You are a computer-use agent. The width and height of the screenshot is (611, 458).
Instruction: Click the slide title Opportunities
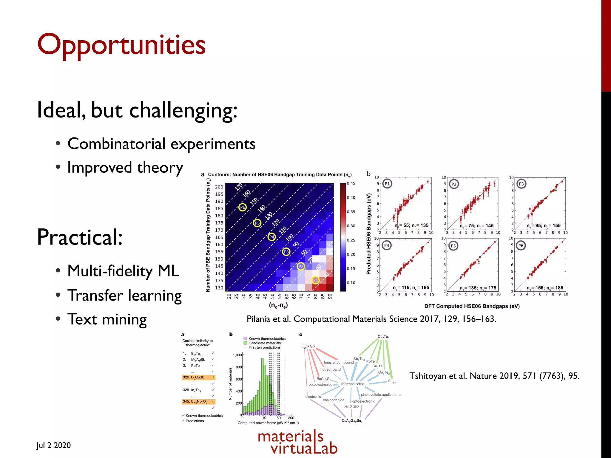[x=121, y=45]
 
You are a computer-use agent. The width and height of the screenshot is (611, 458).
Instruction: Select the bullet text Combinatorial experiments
[x=161, y=144]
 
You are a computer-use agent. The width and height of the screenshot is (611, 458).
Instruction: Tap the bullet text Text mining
[x=107, y=319]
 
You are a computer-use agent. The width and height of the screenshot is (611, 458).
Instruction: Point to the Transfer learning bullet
[x=124, y=295]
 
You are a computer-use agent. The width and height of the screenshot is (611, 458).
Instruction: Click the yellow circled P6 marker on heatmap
[x=243, y=207]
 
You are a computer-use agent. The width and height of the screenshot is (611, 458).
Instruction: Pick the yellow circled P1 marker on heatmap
[x=315, y=280]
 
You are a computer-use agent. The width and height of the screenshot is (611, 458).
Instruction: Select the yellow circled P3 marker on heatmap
[x=286, y=252]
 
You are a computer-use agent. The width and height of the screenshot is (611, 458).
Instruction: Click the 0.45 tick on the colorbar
[x=351, y=183]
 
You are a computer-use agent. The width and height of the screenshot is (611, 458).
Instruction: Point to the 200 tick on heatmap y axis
[x=219, y=187]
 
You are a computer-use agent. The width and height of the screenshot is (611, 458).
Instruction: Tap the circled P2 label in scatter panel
[x=454, y=184]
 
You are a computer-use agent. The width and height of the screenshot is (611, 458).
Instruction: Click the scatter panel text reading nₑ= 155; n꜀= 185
[x=545, y=288]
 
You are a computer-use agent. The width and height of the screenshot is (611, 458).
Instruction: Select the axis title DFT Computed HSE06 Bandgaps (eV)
[x=472, y=306]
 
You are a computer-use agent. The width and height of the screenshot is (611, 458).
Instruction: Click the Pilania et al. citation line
[x=371, y=319]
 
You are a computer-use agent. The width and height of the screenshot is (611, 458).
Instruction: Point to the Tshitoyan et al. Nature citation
[x=494, y=376]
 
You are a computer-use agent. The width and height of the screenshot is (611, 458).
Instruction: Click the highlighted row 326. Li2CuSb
[x=198, y=377]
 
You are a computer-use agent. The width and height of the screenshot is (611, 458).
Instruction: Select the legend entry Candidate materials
[x=264, y=343]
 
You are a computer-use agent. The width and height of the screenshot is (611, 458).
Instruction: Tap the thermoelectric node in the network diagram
[x=353, y=384]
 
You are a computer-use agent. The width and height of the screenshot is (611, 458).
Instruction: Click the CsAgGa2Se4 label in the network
[x=352, y=421]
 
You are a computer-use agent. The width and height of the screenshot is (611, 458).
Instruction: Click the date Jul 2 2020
[x=54, y=445]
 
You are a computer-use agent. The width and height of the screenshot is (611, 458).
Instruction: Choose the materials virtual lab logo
[x=297, y=442]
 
